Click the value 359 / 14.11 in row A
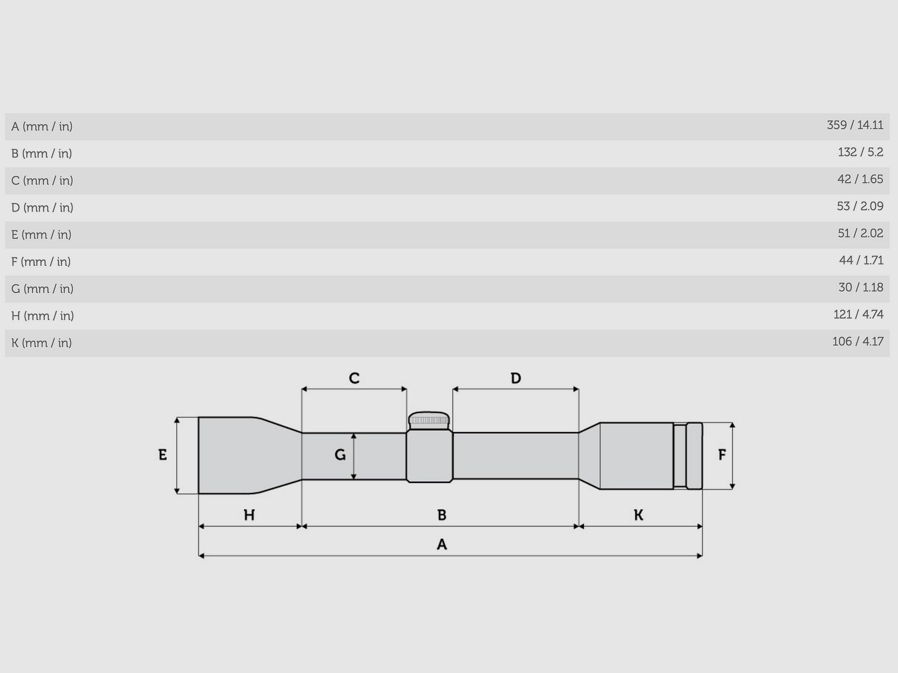click(855, 125)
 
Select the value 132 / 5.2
click(860, 152)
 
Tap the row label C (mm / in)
click(42, 181)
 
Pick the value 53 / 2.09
click(860, 206)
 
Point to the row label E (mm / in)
click(42, 234)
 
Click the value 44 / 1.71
click(861, 260)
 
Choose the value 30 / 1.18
click(861, 287)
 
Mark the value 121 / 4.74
click(858, 314)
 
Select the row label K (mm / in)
click(42, 343)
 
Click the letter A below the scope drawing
click(442, 544)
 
